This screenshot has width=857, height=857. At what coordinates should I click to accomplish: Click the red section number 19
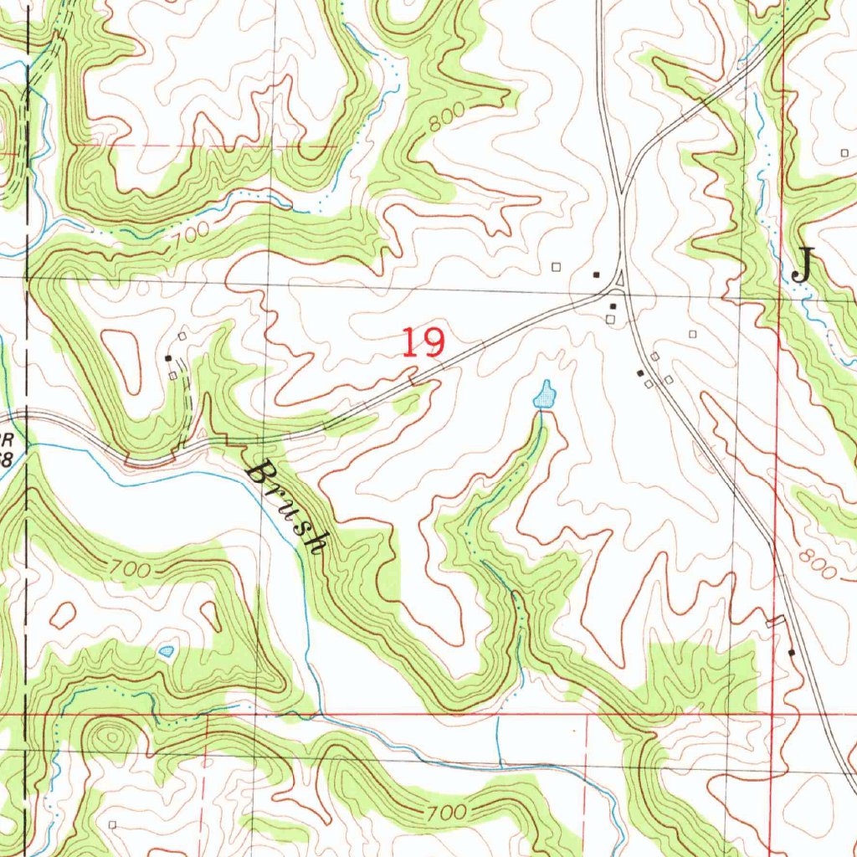[x=423, y=342]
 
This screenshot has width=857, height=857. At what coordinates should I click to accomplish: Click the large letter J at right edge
[x=802, y=266]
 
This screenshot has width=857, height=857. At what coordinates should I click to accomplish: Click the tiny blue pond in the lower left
[x=167, y=650]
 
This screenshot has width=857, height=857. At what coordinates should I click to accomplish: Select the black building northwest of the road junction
[x=597, y=274]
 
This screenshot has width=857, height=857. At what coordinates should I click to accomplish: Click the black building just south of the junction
[x=613, y=306]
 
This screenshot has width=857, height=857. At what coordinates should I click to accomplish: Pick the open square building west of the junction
[x=557, y=267]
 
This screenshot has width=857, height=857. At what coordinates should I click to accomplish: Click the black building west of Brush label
[x=168, y=357]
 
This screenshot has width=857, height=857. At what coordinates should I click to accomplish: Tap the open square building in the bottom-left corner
[x=112, y=824]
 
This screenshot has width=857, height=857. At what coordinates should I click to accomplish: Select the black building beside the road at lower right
[x=792, y=651]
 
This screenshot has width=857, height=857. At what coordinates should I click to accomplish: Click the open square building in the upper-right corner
[x=843, y=152]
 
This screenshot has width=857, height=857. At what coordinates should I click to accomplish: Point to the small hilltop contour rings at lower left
[x=110, y=737]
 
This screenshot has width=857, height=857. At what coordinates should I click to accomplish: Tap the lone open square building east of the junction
[x=693, y=334]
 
